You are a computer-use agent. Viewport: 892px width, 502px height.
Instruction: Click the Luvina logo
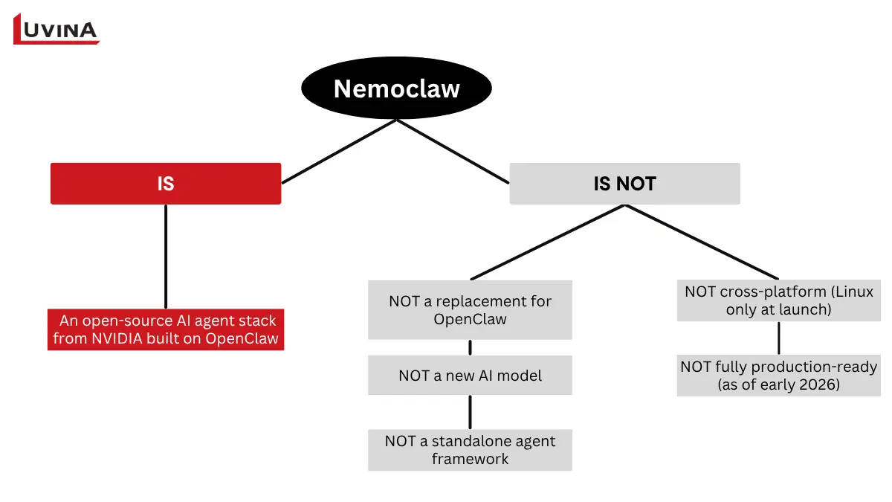tap(56, 30)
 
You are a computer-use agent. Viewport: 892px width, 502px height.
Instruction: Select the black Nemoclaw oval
tap(396, 89)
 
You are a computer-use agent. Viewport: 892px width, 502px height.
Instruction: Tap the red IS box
tap(166, 183)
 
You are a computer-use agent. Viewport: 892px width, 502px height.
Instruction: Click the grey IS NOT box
tap(624, 183)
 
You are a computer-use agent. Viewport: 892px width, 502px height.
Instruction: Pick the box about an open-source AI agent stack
tap(166, 329)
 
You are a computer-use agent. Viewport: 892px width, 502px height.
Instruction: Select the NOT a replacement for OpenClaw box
tap(470, 309)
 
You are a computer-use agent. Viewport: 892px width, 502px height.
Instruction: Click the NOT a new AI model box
tap(470, 375)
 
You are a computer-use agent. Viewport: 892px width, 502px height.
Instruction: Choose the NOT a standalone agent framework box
tap(470, 449)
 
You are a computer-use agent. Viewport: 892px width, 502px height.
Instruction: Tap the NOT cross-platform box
tap(778, 300)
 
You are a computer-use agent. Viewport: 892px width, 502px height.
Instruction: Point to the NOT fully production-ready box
tap(778, 376)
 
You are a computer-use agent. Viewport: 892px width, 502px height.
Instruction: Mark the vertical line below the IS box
tap(166, 256)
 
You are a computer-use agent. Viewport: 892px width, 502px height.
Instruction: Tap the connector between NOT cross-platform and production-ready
tap(778, 338)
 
